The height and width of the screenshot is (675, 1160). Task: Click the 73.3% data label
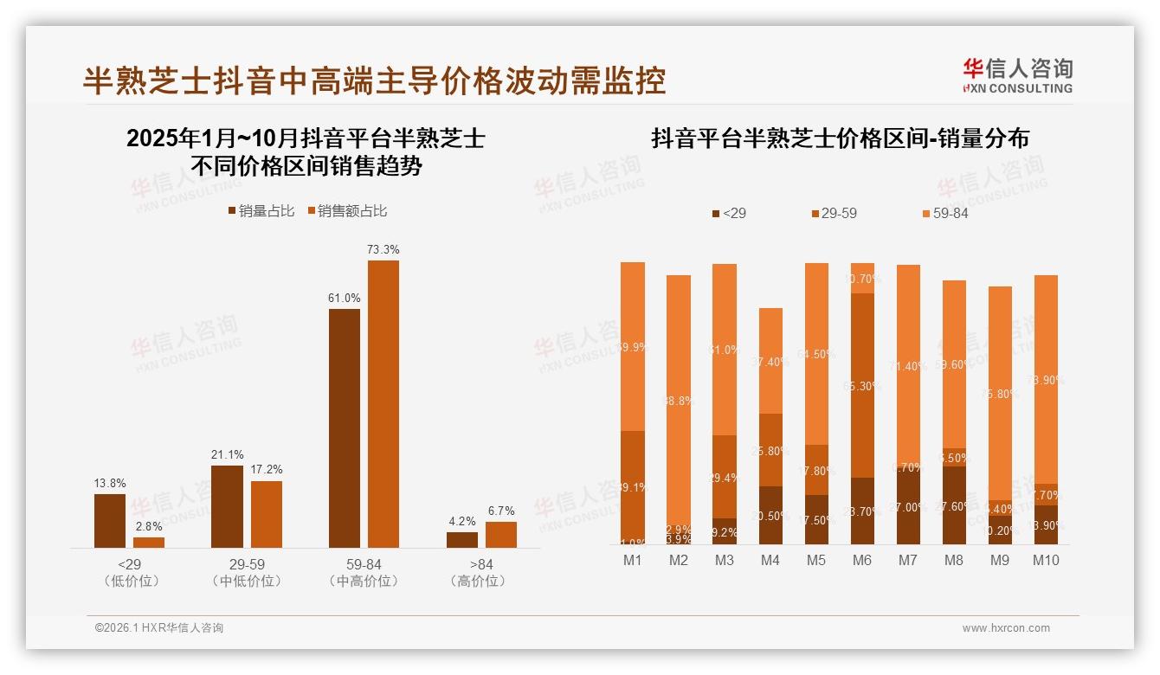coord(383,249)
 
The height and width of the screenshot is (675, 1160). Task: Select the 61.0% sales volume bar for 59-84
coord(345,427)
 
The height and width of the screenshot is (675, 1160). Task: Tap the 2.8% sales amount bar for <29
coord(149,543)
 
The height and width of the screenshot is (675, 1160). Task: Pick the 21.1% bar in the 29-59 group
coord(227,506)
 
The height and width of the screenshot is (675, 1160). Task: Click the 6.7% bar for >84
coord(500,534)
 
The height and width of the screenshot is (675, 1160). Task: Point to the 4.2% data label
coord(462,521)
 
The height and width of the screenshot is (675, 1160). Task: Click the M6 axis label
coord(861,560)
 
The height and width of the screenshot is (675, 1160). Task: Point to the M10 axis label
coord(1045,560)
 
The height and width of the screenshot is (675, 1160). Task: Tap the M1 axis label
coord(633,560)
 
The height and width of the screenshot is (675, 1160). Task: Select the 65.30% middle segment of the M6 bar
coord(861,385)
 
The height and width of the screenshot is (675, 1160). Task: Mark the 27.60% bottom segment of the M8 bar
coord(953,505)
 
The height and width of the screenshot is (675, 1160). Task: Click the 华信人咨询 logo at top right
coord(1017,75)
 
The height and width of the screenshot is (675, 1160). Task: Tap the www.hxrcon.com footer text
coord(1006,628)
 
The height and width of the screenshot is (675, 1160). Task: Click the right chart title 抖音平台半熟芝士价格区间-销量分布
coord(840,138)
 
